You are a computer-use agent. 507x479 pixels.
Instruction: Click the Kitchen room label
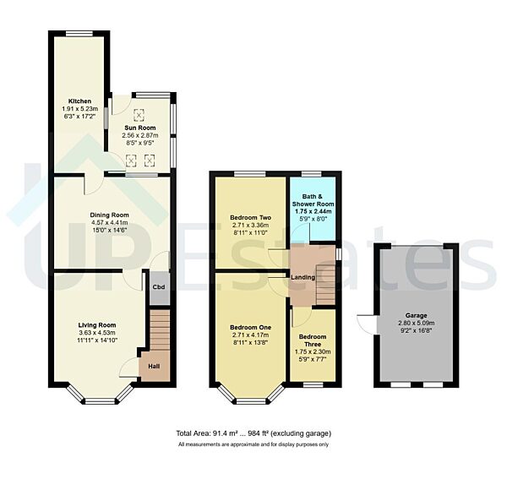(x=81, y=101)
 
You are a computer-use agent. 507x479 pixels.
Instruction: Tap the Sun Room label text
(x=140, y=126)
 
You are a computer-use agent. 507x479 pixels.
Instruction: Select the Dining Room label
(x=109, y=215)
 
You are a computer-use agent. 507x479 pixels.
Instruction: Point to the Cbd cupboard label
(x=158, y=286)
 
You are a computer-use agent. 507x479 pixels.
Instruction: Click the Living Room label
(x=97, y=325)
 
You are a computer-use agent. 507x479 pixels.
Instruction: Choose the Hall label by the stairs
(x=154, y=367)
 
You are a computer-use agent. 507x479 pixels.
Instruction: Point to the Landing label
(x=303, y=277)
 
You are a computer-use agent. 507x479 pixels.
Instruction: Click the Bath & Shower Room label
(x=313, y=199)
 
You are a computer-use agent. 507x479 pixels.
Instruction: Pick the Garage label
(x=415, y=314)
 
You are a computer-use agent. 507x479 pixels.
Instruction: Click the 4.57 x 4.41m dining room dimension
(x=109, y=222)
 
